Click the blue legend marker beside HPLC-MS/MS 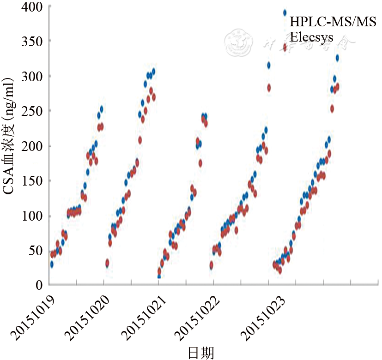(285, 13)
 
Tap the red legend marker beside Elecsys (285, 47)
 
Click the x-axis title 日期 (201, 353)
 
